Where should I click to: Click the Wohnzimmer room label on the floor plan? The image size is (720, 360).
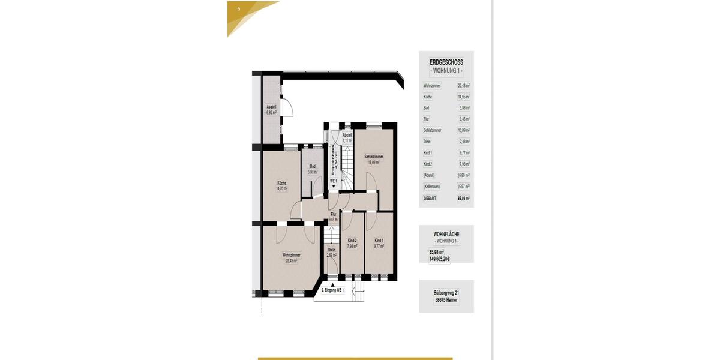coord(291,255)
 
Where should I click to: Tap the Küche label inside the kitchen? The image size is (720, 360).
coord(281,182)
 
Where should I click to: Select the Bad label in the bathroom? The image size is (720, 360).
coord(313,166)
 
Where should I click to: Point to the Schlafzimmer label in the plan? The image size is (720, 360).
coord(374,157)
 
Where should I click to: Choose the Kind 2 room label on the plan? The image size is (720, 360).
coord(352,241)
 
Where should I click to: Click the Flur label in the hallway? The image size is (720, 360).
coord(334,214)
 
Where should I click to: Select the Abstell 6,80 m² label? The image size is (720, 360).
coord(271,107)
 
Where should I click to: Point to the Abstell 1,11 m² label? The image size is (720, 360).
coord(347,135)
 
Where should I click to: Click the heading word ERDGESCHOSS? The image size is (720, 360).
coord(446,62)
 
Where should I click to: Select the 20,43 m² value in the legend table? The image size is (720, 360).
coord(464,85)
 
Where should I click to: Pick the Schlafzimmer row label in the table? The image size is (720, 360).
coord(432,130)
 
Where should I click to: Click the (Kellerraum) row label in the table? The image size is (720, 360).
coord(431,187)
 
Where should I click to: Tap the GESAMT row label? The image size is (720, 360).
coord(430,198)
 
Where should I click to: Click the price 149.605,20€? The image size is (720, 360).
coord(440,259)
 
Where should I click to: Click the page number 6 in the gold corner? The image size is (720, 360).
coord(239,9)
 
